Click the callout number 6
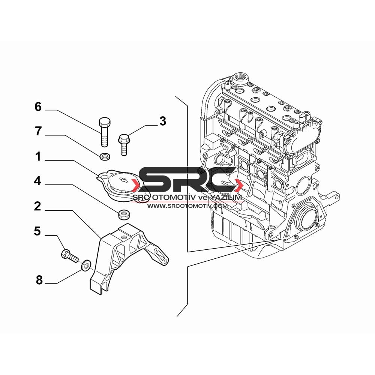click(38, 106)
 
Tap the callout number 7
click(38, 131)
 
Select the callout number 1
click(38, 157)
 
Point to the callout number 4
click(37, 181)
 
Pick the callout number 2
click(37, 206)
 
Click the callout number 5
click(37, 231)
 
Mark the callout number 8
click(39, 280)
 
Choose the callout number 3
click(163, 121)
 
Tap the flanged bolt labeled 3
click(123, 145)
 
